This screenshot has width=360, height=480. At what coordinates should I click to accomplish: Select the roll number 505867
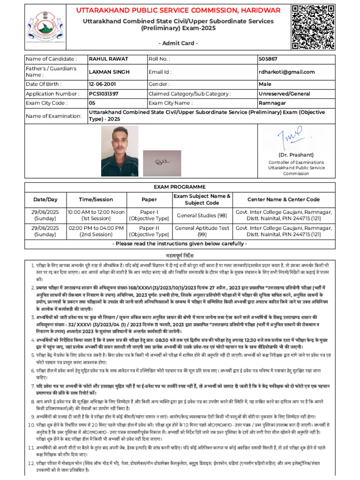coord(268,59)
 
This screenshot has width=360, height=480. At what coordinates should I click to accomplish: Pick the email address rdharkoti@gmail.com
coord(286,72)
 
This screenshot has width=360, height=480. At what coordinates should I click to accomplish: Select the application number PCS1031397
coord(104,94)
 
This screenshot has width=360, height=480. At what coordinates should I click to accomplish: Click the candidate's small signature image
coord(161,161)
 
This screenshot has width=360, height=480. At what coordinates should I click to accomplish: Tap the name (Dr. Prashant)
coord(296,155)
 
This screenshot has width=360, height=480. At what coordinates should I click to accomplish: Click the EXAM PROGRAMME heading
coord(180,187)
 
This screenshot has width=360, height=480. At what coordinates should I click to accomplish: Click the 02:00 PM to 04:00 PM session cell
coord(97,231)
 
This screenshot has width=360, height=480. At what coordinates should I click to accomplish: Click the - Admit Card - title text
coord(180,43)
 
